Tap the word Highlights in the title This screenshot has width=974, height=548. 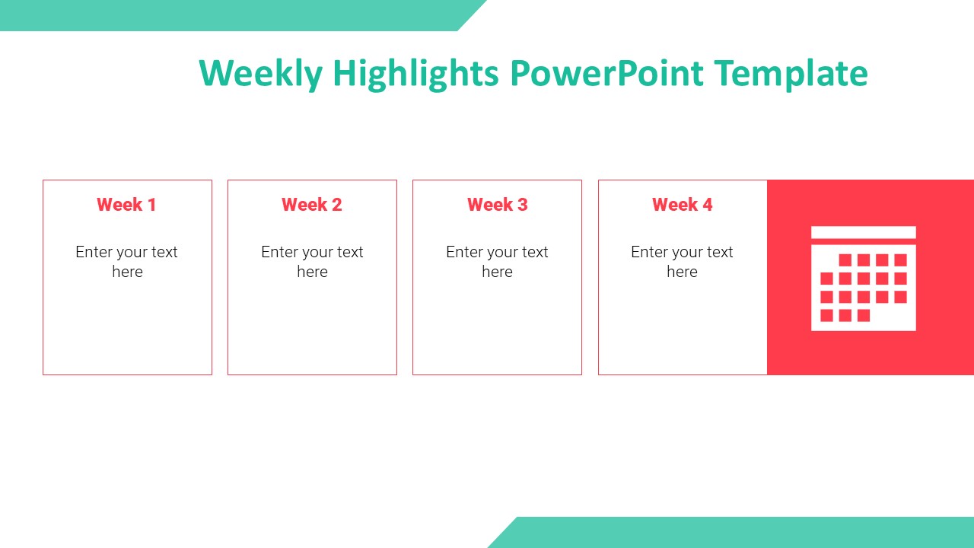coord(415,74)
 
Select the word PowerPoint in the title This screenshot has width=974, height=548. coord(606,74)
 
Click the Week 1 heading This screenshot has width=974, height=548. coord(126,205)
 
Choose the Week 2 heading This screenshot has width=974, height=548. coord(312,205)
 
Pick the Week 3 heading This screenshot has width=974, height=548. coord(497,205)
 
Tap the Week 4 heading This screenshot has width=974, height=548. coord(682,205)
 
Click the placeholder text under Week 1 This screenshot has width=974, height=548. coord(127,262)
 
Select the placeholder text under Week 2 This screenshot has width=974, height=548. coord(312,262)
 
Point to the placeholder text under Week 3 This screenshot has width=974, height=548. coord(497,262)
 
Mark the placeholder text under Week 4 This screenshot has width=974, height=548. coord(682,262)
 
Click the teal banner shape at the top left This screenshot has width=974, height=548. coord(228,15)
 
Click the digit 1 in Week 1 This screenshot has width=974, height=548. coord(151,205)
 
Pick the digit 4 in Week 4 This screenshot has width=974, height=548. coord(707,205)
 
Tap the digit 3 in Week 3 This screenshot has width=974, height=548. coord(522,205)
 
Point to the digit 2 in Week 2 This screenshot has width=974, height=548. coord(336,205)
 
